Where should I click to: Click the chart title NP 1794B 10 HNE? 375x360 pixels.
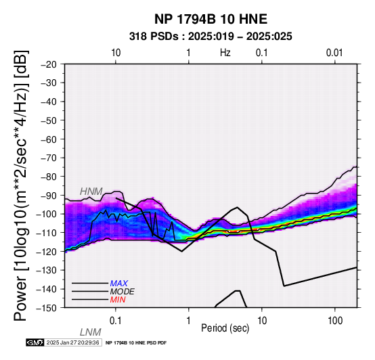click(x=211, y=19)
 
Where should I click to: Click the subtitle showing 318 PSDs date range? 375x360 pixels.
click(x=211, y=37)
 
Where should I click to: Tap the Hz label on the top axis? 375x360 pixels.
click(x=225, y=53)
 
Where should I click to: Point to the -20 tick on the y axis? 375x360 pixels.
click(x=49, y=64)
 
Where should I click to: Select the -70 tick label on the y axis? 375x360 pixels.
click(x=49, y=158)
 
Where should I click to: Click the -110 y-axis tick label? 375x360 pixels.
click(x=47, y=233)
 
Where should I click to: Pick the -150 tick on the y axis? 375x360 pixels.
click(x=47, y=308)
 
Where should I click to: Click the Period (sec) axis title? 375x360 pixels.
click(x=225, y=328)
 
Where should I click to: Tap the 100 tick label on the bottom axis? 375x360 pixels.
click(x=335, y=321)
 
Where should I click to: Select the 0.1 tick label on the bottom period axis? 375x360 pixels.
click(x=116, y=321)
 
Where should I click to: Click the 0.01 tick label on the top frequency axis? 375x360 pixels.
click(x=334, y=53)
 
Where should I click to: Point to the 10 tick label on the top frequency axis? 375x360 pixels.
click(x=116, y=53)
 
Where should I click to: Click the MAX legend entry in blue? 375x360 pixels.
click(x=119, y=284)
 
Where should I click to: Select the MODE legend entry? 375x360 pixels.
click(x=123, y=292)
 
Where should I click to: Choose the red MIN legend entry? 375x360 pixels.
click(x=118, y=300)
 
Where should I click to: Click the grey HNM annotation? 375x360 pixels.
click(x=91, y=192)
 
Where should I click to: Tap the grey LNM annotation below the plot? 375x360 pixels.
click(x=91, y=332)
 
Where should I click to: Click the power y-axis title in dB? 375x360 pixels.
click(x=21, y=185)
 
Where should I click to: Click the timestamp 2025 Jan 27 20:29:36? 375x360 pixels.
click(x=72, y=342)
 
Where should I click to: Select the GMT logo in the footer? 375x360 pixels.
click(x=35, y=342)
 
